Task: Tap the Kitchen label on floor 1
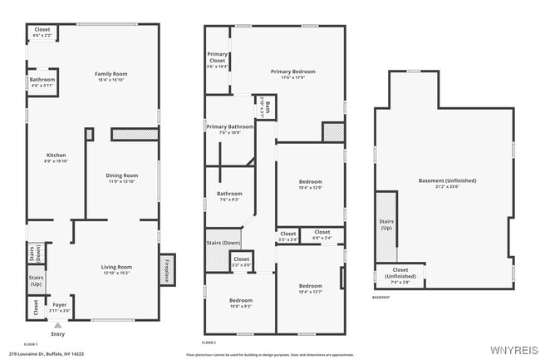coord(56,157)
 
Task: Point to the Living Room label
coord(117,269)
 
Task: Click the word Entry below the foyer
coord(57,334)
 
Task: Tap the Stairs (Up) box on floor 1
coord(37,281)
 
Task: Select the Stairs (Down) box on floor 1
coord(37,253)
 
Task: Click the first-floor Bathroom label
coord(42,82)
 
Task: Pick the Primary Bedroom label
coord(292,74)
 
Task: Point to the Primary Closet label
coord(217,59)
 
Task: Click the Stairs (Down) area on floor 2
coord(223,244)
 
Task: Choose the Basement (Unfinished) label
coord(445,183)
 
